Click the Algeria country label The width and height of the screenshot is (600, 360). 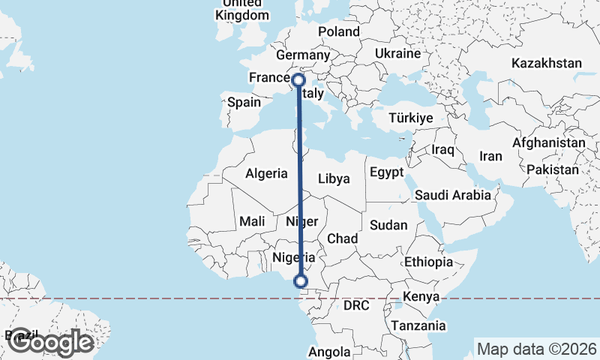pos(266,173)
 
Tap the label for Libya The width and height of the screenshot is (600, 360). pos(334,178)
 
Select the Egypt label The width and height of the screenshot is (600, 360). pos(387,172)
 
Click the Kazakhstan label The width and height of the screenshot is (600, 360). pos(547,64)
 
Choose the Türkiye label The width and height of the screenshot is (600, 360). pos(412,118)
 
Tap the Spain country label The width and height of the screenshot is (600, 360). pos(244,103)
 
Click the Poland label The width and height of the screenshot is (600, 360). pos(339,31)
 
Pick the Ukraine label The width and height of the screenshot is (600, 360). pos(397,54)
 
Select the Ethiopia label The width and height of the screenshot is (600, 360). pos(429,262)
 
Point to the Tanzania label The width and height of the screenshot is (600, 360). pos(418,325)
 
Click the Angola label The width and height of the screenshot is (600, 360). pos(329,352)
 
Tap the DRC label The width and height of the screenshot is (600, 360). pos(357,306)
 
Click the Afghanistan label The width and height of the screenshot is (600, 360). pos(549,142)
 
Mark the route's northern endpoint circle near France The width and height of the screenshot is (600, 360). pos(298,80)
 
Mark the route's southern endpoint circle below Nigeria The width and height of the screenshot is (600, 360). pos(301,281)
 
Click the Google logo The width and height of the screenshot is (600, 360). pos(52,342)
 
